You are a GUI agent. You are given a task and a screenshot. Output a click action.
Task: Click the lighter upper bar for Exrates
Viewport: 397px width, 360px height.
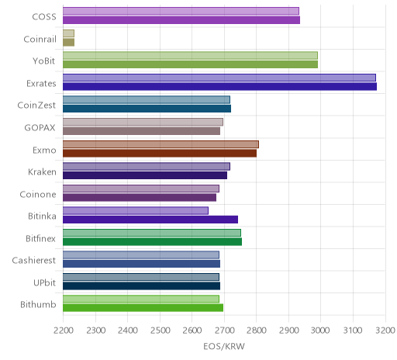click(x=219, y=78)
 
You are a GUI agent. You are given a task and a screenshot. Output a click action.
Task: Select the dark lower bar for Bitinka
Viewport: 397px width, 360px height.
click(x=150, y=220)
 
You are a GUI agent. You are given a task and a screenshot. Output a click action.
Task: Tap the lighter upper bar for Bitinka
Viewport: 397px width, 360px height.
click(x=136, y=211)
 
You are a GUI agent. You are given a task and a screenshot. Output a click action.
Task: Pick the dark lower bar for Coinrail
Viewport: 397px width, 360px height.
click(x=68, y=43)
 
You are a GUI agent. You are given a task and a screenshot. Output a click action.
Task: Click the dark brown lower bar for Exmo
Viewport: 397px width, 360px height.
click(x=160, y=153)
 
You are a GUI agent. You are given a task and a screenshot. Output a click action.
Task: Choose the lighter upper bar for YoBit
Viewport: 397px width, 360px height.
click(x=190, y=56)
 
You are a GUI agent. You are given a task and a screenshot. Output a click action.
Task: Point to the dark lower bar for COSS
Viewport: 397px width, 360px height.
click(x=181, y=20)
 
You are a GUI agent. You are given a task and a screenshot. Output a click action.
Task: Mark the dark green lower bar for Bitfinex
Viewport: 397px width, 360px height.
click(x=152, y=242)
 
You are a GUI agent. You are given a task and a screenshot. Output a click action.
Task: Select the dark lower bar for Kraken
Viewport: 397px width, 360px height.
click(x=145, y=175)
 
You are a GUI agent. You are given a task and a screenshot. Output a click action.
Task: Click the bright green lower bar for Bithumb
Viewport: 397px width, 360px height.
click(x=143, y=308)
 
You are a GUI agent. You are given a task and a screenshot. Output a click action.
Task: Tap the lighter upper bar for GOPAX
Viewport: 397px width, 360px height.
click(x=143, y=122)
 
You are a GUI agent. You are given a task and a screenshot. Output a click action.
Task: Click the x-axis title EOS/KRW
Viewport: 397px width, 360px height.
click(x=224, y=346)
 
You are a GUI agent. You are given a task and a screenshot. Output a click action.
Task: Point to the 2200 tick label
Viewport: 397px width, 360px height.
click(x=63, y=331)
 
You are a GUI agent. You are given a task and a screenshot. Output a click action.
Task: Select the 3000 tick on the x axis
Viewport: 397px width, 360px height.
click(x=320, y=331)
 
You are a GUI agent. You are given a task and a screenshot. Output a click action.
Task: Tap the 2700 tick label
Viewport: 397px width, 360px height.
click(x=224, y=331)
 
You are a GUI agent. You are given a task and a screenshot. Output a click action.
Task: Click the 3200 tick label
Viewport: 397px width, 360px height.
click(x=385, y=331)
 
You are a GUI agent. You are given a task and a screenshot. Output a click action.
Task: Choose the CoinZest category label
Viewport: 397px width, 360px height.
click(x=36, y=106)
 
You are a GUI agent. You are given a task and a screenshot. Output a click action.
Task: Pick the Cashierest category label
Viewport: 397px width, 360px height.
click(x=34, y=260)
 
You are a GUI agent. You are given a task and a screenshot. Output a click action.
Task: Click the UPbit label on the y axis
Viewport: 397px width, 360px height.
click(x=44, y=282)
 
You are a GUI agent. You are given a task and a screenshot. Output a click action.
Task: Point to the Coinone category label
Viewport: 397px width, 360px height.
click(x=38, y=194)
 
